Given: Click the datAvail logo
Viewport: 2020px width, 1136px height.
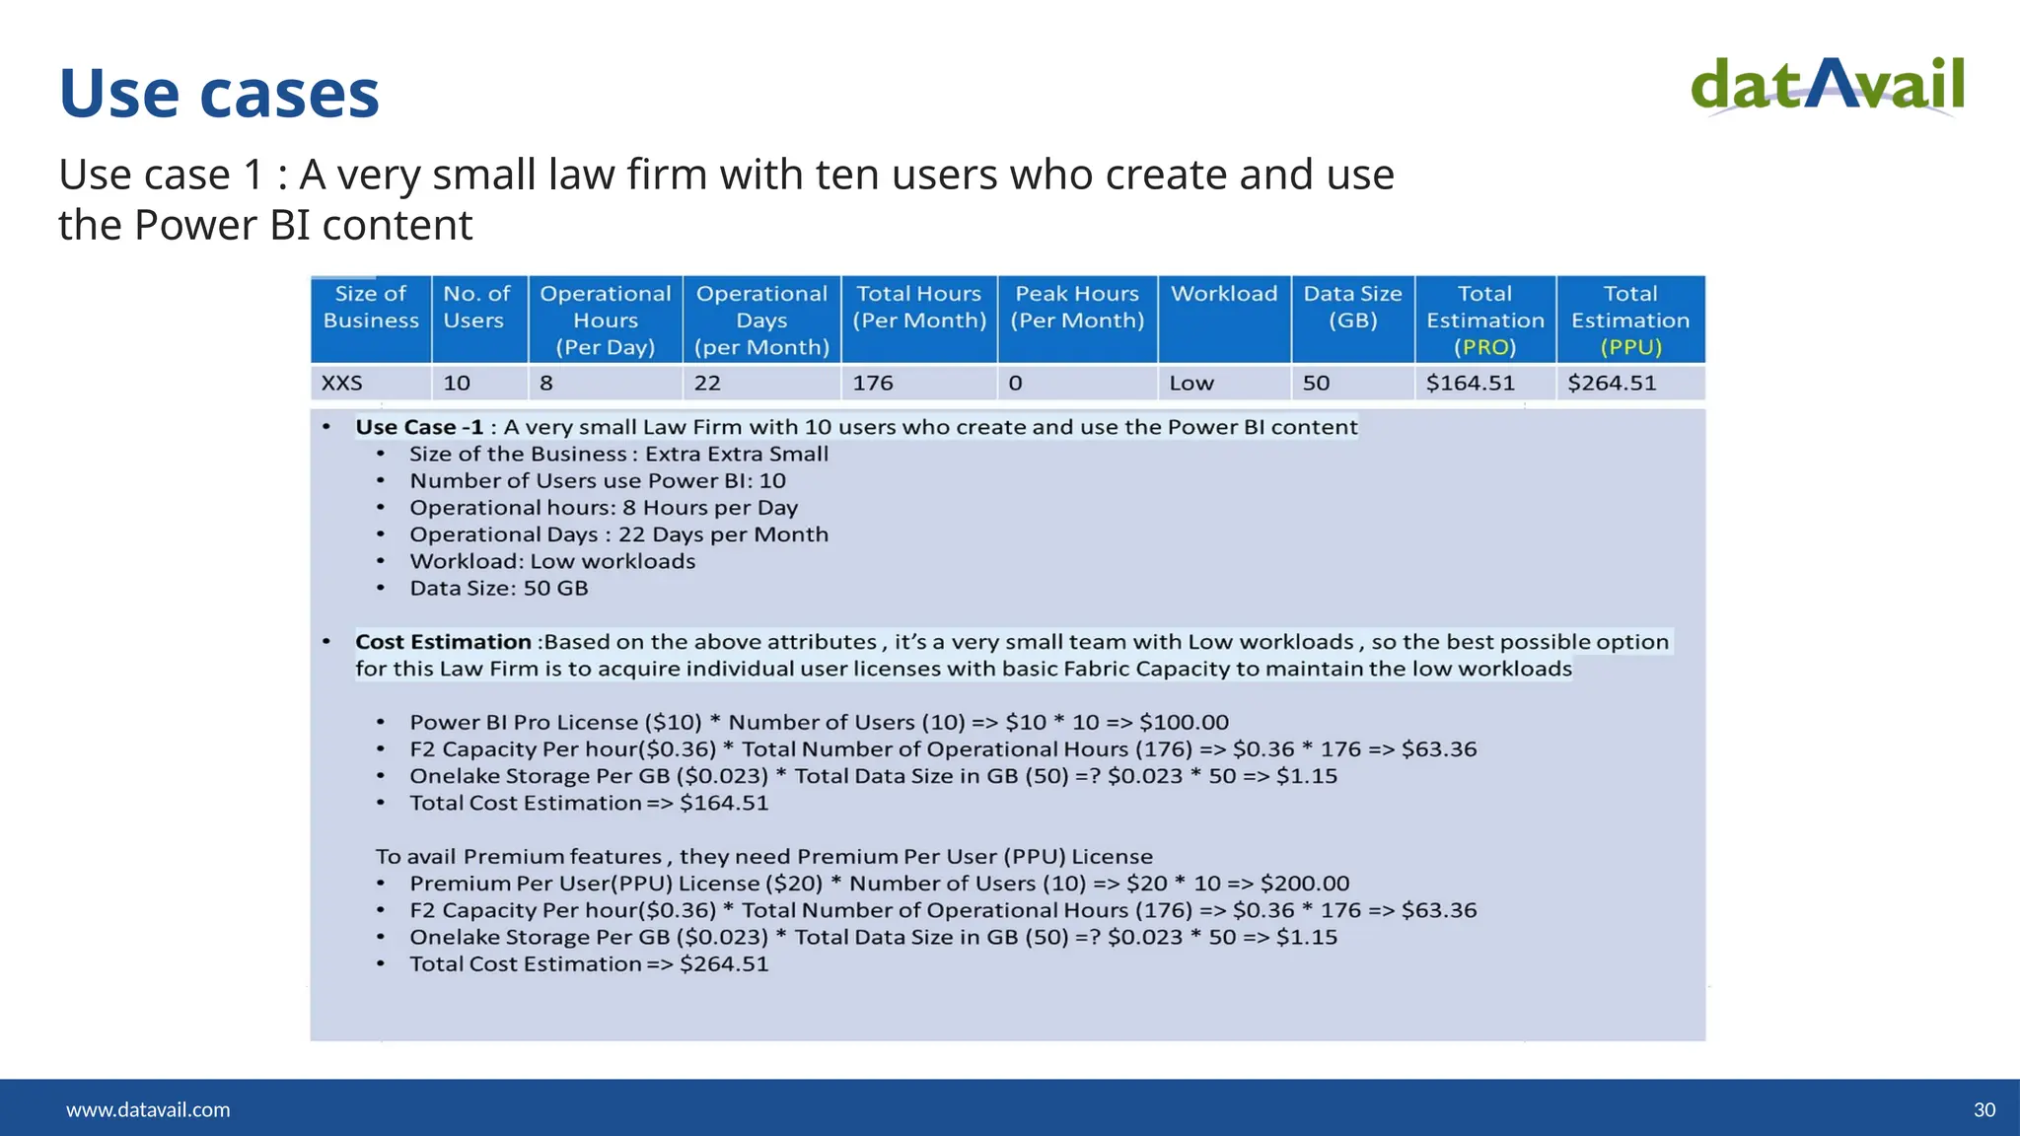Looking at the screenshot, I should pyautogui.click(x=1827, y=87).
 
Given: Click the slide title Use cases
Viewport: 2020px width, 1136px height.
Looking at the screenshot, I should pyautogui.click(x=219, y=94).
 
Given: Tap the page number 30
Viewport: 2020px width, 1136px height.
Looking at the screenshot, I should pyautogui.click(x=1984, y=1109).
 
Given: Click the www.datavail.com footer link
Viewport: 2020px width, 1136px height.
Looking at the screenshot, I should pyautogui.click(x=148, y=1109).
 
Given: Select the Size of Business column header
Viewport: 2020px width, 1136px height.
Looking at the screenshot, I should pyautogui.click(x=371, y=308).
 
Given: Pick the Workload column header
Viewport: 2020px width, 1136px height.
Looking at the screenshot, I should pyautogui.click(x=1223, y=294).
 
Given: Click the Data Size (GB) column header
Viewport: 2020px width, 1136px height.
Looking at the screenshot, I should pyautogui.click(x=1352, y=308).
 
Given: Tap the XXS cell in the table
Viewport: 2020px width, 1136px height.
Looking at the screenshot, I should pyautogui.click(x=342, y=383).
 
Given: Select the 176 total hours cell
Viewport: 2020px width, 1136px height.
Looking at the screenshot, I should pyautogui.click(x=873, y=383).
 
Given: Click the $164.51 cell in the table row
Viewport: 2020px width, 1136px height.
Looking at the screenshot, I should pyautogui.click(x=1470, y=383).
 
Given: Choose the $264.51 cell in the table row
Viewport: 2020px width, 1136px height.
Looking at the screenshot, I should pyautogui.click(x=1612, y=383).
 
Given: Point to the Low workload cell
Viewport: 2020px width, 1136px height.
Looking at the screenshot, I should pyautogui.click(x=1191, y=383).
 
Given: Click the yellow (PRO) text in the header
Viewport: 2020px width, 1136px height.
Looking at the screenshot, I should pyautogui.click(x=1484, y=347).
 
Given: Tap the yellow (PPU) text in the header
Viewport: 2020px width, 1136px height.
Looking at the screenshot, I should pyautogui.click(x=1630, y=347).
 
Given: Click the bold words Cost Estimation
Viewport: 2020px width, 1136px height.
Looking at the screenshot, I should pyautogui.click(x=443, y=642).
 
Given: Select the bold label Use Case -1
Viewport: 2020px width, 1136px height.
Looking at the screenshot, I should pyautogui.click(x=419, y=427).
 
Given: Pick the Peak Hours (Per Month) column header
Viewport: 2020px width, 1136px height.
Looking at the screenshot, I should pyautogui.click(x=1077, y=308).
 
